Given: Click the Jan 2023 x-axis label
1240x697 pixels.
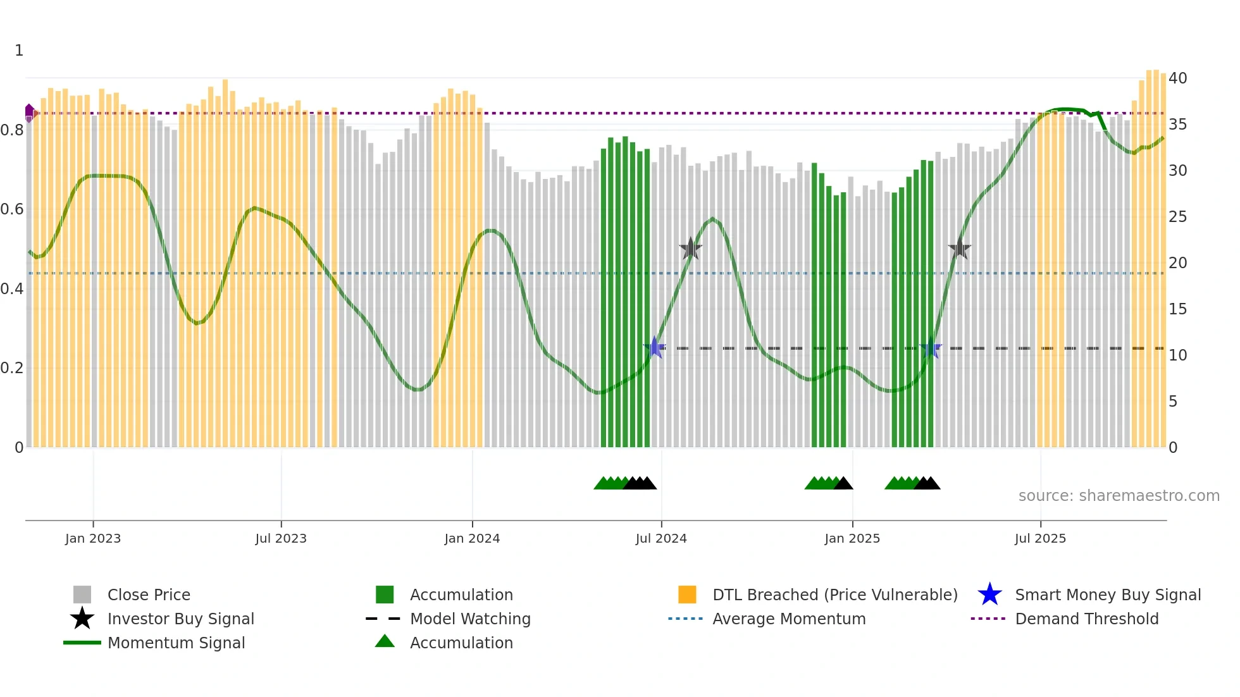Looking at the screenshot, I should [93, 538].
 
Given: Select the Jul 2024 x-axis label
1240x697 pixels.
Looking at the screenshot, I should [661, 538].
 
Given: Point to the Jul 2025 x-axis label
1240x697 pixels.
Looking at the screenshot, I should [1040, 538].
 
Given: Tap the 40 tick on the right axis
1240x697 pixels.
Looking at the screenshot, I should [1177, 78].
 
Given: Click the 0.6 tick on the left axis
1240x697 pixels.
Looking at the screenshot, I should [12, 209].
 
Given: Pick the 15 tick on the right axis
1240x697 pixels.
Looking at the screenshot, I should [1177, 309].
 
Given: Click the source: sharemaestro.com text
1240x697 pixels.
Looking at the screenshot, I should [1119, 496].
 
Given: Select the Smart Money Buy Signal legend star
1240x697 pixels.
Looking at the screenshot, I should [989, 595].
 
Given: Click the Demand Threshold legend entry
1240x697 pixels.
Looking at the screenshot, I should [1086, 619].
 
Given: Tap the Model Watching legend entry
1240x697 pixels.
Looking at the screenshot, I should [469, 619].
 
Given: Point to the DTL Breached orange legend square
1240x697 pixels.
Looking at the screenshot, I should [687, 595].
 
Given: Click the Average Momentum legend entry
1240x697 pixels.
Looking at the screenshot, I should [788, 619].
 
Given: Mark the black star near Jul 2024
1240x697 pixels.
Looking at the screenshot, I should [690, 249].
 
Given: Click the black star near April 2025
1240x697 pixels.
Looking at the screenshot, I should [959, 249].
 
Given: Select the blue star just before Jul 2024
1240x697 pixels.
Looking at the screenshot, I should [655, 348].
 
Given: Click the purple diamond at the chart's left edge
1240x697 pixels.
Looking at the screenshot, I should [29, 113].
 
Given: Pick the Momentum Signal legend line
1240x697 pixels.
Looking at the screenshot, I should [82, 643].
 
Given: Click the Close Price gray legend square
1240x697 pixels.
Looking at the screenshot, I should [82, 595].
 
